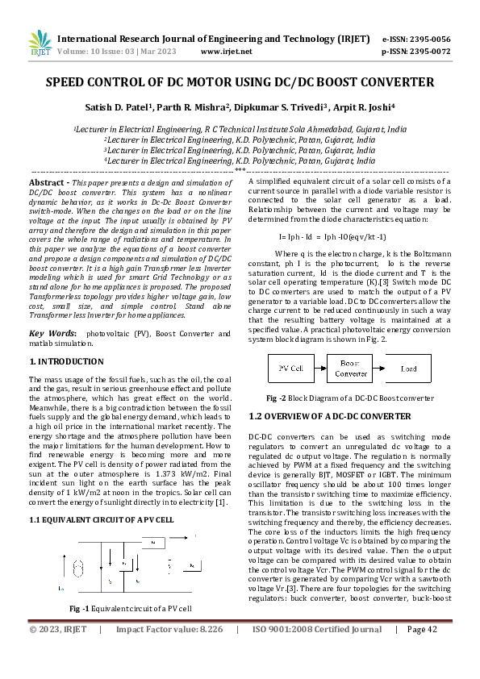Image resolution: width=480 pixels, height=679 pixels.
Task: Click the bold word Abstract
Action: pos(47,184)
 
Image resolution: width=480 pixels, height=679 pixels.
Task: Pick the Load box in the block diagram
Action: pos(409,369)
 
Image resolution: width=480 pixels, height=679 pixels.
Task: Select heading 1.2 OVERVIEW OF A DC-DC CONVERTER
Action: pos(330,416)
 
